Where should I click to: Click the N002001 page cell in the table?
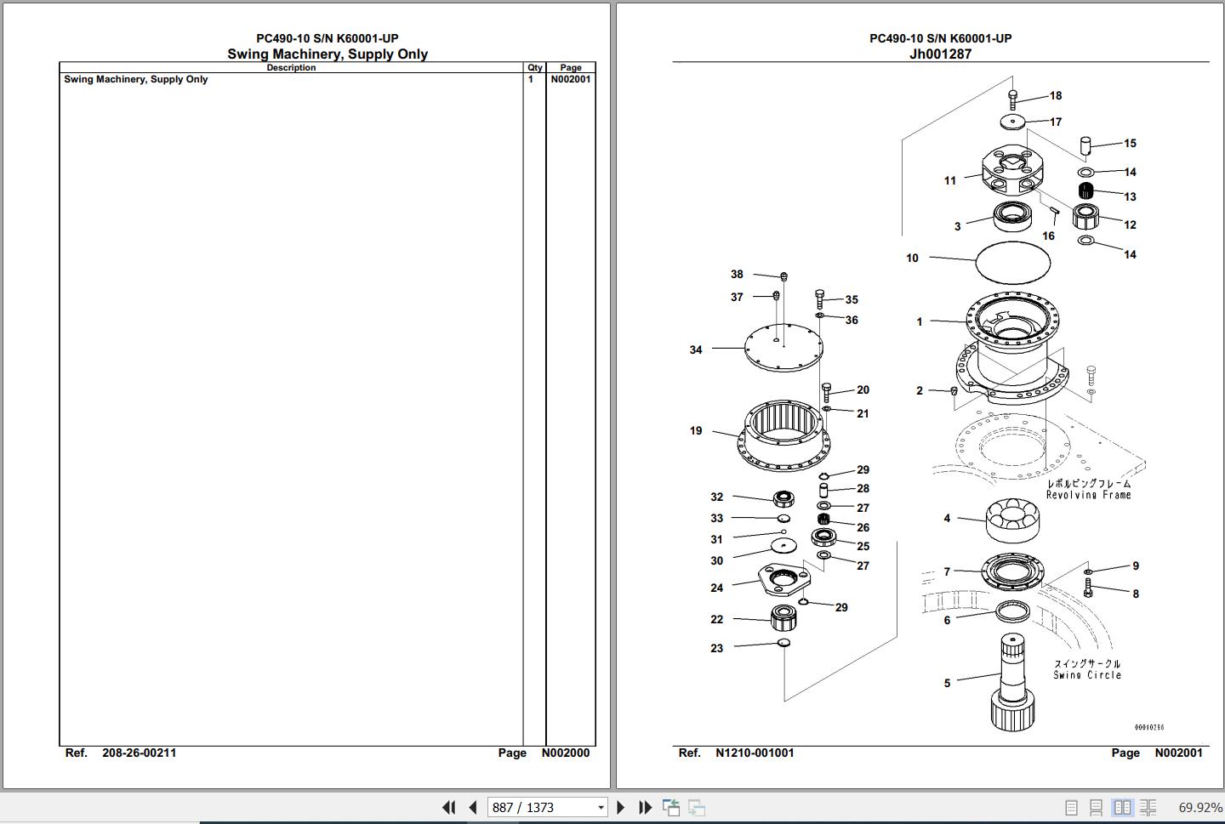coord(570,79)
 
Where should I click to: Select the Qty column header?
coord(534,68)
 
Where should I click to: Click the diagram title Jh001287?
coord(940,54)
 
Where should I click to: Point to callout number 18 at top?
coord(1056,96)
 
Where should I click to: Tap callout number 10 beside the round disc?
coord(912,258)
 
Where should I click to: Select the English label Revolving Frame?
coord(1088,495)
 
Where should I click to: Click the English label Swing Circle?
coord(1087,675)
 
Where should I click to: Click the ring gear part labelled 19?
coord(783,435)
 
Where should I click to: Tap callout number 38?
coord(737,274)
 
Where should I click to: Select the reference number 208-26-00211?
coord(139,753)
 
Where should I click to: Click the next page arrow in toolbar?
coord(620,807)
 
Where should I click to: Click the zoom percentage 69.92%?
coord(1199,807)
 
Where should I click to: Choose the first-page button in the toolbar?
coord(448,807)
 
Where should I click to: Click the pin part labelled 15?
coord(1085,145)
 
